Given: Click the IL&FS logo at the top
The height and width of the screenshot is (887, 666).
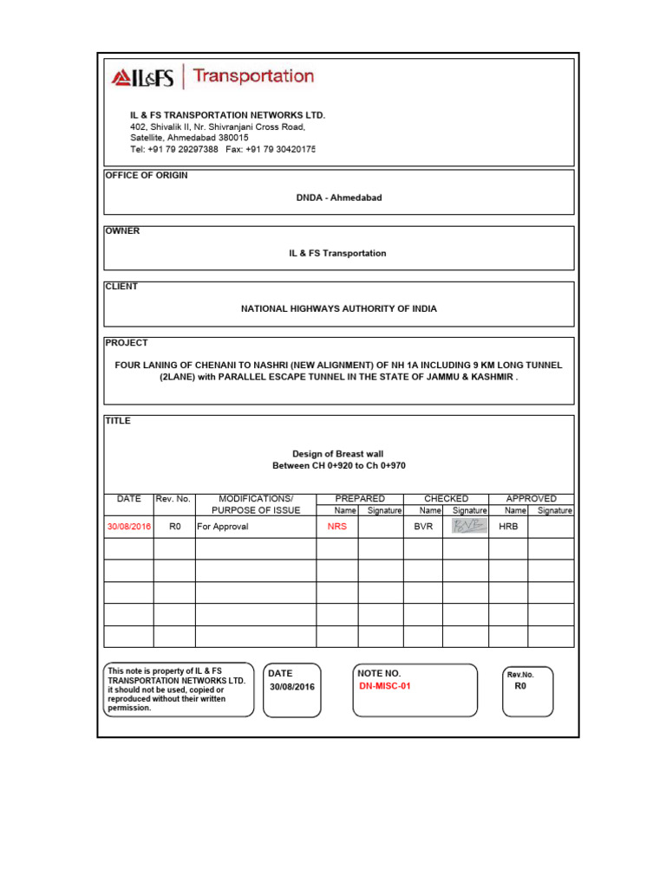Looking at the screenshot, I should pos(142,78).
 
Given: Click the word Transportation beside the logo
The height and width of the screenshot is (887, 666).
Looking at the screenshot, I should pos(253,76).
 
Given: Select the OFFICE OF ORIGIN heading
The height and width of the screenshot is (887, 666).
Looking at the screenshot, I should pos(147,175).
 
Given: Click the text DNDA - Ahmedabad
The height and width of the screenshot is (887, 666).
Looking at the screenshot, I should pos(339,197).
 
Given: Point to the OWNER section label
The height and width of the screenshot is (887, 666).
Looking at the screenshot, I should pos(122,231).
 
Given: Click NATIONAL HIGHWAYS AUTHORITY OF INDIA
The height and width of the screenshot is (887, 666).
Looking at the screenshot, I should pos(338,308).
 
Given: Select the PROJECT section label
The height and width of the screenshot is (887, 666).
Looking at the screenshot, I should pos(127,342).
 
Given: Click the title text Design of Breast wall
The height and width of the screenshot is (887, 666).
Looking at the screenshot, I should pos(338,453).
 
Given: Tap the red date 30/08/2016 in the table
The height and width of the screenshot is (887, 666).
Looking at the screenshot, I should pos(128,526).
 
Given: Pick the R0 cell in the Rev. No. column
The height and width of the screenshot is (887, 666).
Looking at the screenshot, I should pos(174,526).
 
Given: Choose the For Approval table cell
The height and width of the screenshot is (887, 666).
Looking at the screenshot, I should pos(223,526).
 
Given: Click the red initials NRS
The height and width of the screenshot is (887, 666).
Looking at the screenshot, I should pos(336,526).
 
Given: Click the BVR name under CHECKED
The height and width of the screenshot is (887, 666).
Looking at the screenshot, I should pos(422,526).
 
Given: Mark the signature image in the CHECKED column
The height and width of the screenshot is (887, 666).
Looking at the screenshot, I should pos(465,525).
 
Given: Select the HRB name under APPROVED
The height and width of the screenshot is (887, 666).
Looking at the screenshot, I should pos(508,526).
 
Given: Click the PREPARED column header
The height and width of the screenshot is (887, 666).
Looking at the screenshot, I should pos(360,499).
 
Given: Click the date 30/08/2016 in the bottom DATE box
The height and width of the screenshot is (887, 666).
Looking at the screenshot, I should pos(292,687).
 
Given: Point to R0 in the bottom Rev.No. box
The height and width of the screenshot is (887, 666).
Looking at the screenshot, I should pos(520,685).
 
